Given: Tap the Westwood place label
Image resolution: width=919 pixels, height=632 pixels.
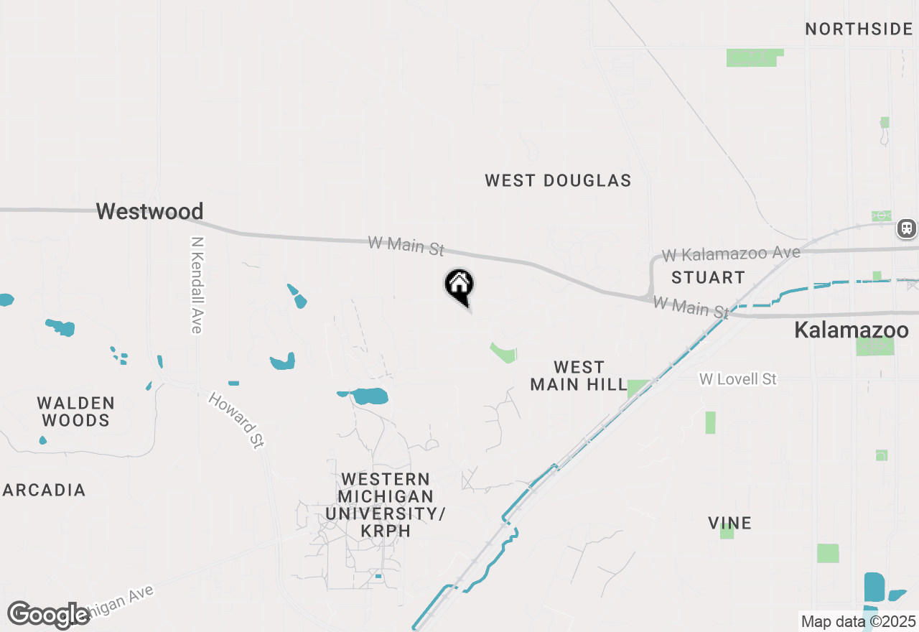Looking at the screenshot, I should click(x=149, y=211).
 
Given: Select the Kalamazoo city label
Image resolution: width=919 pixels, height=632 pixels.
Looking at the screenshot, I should click(x=851, y=330).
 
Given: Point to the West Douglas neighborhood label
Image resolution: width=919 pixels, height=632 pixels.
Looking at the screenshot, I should click(x=558, y=181).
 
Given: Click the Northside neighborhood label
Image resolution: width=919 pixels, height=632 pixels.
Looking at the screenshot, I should click(x=858, y=29).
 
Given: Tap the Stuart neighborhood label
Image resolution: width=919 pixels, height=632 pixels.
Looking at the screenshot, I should click(x=708, y=277).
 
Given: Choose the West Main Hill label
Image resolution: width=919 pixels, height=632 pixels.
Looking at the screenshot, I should click(x=579, y=376).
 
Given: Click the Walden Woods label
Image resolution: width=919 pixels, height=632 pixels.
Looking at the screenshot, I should click(x=75, y=412).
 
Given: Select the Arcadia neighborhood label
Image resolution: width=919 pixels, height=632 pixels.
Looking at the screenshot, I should click(x=45, y=491).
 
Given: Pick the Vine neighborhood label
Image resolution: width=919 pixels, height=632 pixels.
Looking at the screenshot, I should click(x=729, y=524).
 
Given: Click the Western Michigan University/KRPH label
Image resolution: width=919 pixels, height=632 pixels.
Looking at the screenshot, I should click(x=386, y=505).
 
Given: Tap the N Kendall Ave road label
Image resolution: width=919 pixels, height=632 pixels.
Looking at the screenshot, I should click(x=197, y=285).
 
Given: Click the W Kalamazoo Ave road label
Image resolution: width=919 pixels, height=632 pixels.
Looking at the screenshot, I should click(x=731, y=254).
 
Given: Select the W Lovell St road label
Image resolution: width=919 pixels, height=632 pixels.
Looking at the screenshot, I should click(x=738, y=378).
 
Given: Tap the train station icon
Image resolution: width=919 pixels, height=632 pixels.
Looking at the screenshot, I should click(x=907, y=228).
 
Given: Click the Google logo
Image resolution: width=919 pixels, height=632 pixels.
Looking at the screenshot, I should click(x=48, y=615).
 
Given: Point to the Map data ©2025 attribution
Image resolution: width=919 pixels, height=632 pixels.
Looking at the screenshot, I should click(x=858, y=621).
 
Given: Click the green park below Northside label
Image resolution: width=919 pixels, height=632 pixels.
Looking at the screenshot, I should click(x=752, y=57).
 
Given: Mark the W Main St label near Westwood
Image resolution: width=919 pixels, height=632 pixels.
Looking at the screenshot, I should click(x=406, y=246).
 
